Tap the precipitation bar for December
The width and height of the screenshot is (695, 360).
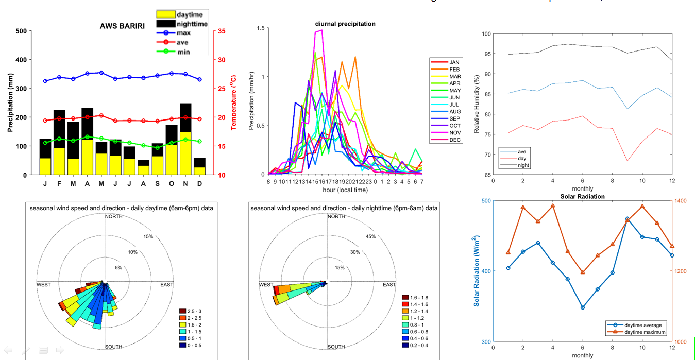click(x=199, y=166)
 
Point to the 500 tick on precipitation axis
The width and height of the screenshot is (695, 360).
click(x=21, y=31)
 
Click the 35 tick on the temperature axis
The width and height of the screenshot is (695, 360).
click(x=222, y=31)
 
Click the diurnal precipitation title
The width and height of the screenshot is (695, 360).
click(x=345, y=24)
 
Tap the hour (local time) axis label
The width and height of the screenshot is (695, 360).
click(x=345, y=191)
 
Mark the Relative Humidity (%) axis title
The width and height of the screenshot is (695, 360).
click(x=477, y=104)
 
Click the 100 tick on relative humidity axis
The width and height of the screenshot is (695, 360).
click(x=486, y=34)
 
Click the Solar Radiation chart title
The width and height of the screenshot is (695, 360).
click(x=582, y=197)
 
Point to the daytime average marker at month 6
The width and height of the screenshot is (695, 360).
click(x=583, y=307)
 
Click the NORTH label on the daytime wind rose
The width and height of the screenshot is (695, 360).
click(x=113, y=216)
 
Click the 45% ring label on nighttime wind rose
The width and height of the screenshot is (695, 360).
click(x=370, y=236)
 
